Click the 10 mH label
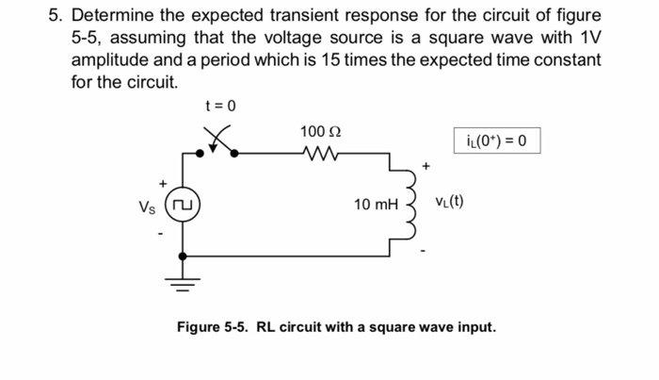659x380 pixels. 377,204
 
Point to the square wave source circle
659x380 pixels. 182,204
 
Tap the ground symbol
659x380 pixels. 183,279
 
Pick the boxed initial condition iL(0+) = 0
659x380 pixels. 497,142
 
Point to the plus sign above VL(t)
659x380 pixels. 426,166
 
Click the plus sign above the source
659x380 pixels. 162,181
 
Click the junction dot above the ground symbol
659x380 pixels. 183,255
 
